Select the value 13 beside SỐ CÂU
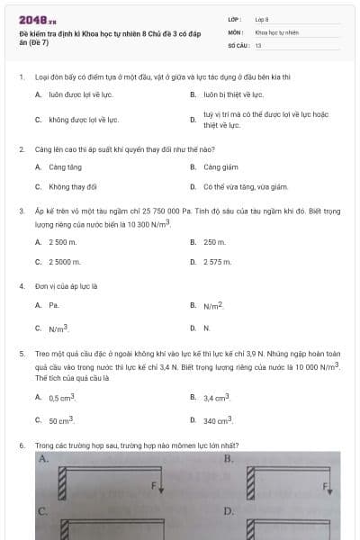coord(258,44)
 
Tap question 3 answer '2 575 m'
coord(218,262)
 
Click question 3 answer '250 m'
coord(214,242)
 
